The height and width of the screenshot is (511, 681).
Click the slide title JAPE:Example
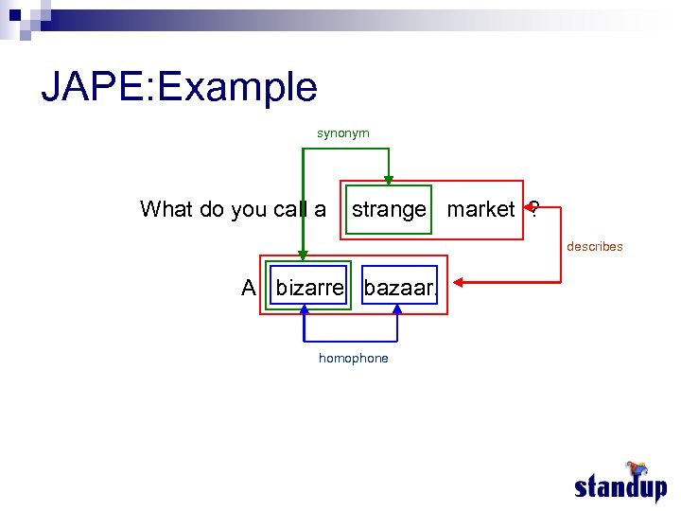point(179,87)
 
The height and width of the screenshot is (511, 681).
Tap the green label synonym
point(342,133)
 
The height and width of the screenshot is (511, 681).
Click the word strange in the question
point(389,209)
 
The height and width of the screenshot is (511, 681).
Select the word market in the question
point(480,209)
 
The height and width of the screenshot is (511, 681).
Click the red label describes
point(594,246)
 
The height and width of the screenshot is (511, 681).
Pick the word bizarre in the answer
point(310,288)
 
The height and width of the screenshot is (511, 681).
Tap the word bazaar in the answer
point(398,288)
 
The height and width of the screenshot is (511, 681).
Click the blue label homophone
point(353,358)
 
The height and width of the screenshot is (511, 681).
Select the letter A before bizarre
point(249,288)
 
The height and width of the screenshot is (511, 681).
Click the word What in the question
point(166,209)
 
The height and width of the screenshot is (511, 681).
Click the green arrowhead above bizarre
point(303,255)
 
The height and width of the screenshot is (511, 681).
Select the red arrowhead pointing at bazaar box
point(456,281)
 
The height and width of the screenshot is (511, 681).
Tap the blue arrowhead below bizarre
point(304,309)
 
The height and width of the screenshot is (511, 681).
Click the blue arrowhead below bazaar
point(397,309)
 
